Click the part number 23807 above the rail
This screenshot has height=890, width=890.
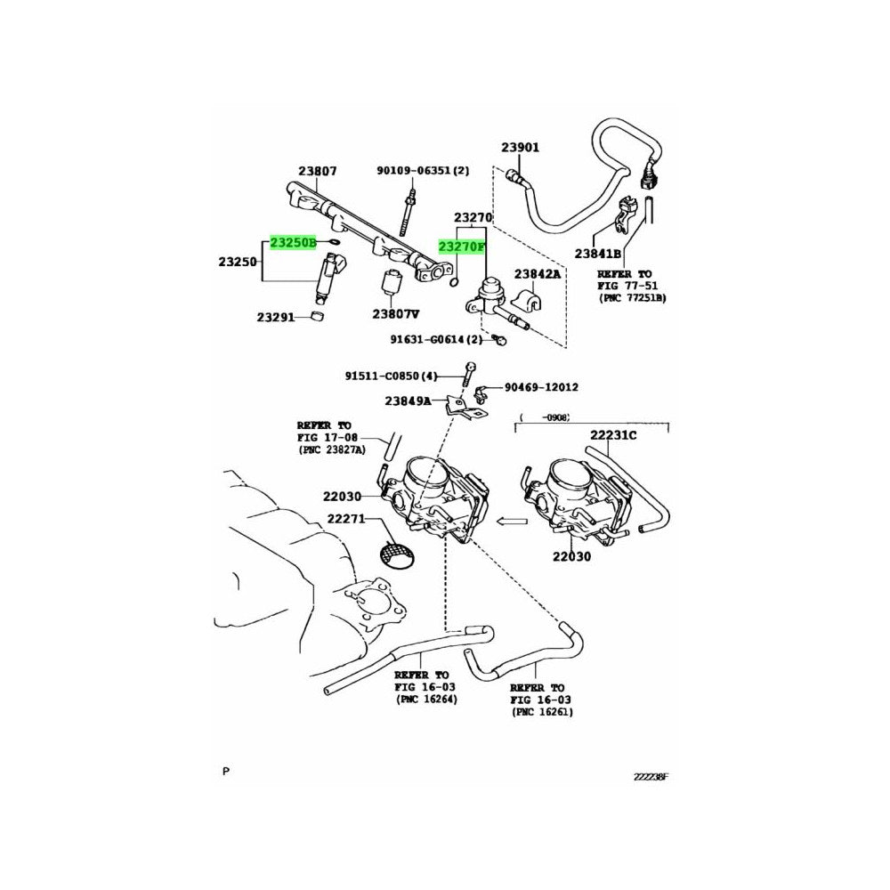[317, 171]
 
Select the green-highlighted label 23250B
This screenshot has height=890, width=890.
[294, 242]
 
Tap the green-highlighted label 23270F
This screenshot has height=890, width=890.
[461, 247]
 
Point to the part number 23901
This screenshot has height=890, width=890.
[520, 148]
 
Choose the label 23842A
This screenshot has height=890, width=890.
[538, 274]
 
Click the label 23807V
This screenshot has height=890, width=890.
[396, 313]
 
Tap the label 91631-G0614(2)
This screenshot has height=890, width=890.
[435, 339]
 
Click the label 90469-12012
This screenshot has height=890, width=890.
[541, 387]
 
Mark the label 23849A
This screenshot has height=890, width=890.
[408, 401]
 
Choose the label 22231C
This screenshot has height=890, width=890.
[613, 435]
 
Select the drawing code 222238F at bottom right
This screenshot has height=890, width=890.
[650, 775]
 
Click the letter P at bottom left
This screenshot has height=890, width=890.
[226, 769]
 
